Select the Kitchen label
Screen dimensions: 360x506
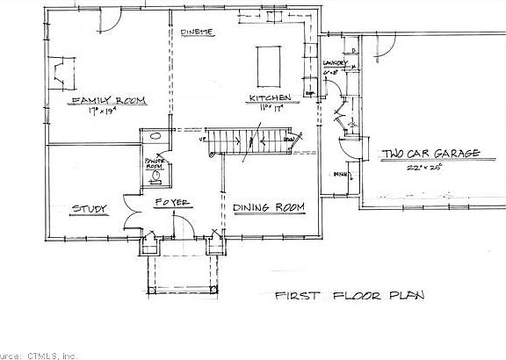[x=264, y=97]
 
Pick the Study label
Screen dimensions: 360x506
[x=89, y=208]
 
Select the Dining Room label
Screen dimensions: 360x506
[x=269, y=207]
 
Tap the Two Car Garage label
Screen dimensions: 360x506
[x=430, y=155]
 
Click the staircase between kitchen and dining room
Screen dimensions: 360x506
[x=255, y=140]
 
